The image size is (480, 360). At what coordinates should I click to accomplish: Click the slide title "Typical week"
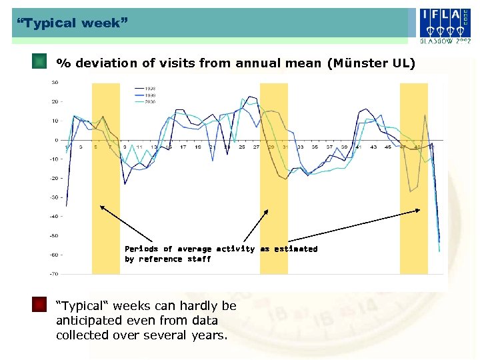tap(70, 23)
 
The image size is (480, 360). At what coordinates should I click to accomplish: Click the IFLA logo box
tap(443, 21)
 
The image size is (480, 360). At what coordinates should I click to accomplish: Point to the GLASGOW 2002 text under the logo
tap(443, 41)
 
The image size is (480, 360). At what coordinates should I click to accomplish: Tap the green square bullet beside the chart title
tap(40, 62)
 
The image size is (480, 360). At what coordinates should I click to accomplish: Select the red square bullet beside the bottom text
tap(40, 305)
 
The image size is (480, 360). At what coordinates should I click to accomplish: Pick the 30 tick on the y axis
tap(55, 83)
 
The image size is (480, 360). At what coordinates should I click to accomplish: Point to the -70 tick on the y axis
tap(53, 273)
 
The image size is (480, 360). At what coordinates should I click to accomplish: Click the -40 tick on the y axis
tap(53, 216)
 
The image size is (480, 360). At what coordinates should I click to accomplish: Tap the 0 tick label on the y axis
tap(56, 140)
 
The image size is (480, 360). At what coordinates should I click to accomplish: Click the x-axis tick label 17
tap(183, 147)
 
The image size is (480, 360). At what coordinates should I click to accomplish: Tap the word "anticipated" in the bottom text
tap(88, 321)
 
